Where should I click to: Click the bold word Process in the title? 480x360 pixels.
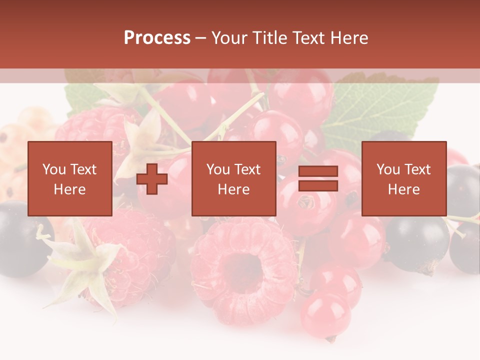point(157,38)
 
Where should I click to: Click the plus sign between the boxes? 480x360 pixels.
point(152,179)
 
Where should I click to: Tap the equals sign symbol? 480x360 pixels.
point(318,178)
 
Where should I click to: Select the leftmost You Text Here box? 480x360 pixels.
point(69,178)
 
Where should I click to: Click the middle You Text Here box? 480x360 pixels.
point(233,178)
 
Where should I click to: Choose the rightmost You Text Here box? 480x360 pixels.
point(403,178)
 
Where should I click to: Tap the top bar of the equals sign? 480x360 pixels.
point(318,171)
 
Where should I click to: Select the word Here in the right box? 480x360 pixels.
point(403,189)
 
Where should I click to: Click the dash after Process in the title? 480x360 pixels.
point(201,38)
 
